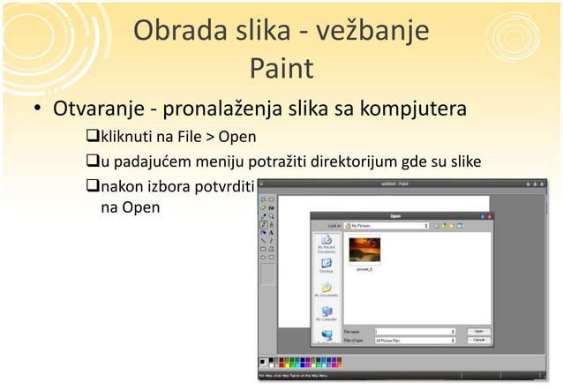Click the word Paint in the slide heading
point(281,68)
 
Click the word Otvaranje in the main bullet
point(96,113)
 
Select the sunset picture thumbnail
point(364,250)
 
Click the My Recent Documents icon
point(327,240)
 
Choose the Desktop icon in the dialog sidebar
point(327,264)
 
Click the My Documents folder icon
point(327,288)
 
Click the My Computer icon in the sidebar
point(327,312)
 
